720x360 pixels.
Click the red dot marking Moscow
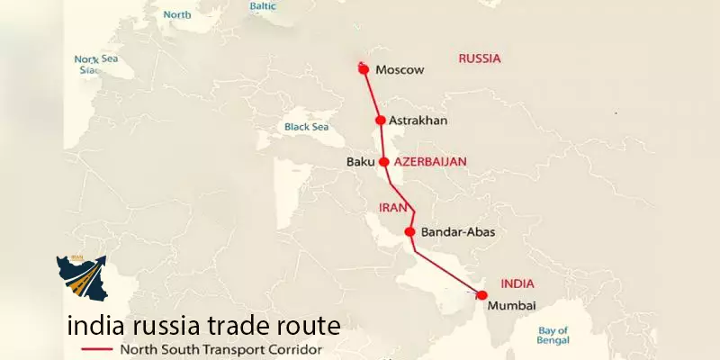click(x=364, y=68)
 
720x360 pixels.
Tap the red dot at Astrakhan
click(x=381, y=120)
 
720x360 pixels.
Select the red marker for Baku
click(x=384, y=162)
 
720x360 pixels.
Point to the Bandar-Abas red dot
click(x=410, y=232)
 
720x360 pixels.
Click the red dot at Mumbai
click(x=482, y=295)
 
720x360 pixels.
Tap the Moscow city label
click(x=400, y=69)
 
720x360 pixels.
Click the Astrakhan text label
click(x=418, y=121)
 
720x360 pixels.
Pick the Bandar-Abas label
click(x=458, y=232)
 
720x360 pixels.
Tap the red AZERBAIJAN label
click(x=430, y=162)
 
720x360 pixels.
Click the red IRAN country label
click(x=386, y=208)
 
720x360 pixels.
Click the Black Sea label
click(x=307, y=127)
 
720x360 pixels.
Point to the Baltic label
click(x=264, y=6)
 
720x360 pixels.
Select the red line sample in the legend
click(x=96, y=349)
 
